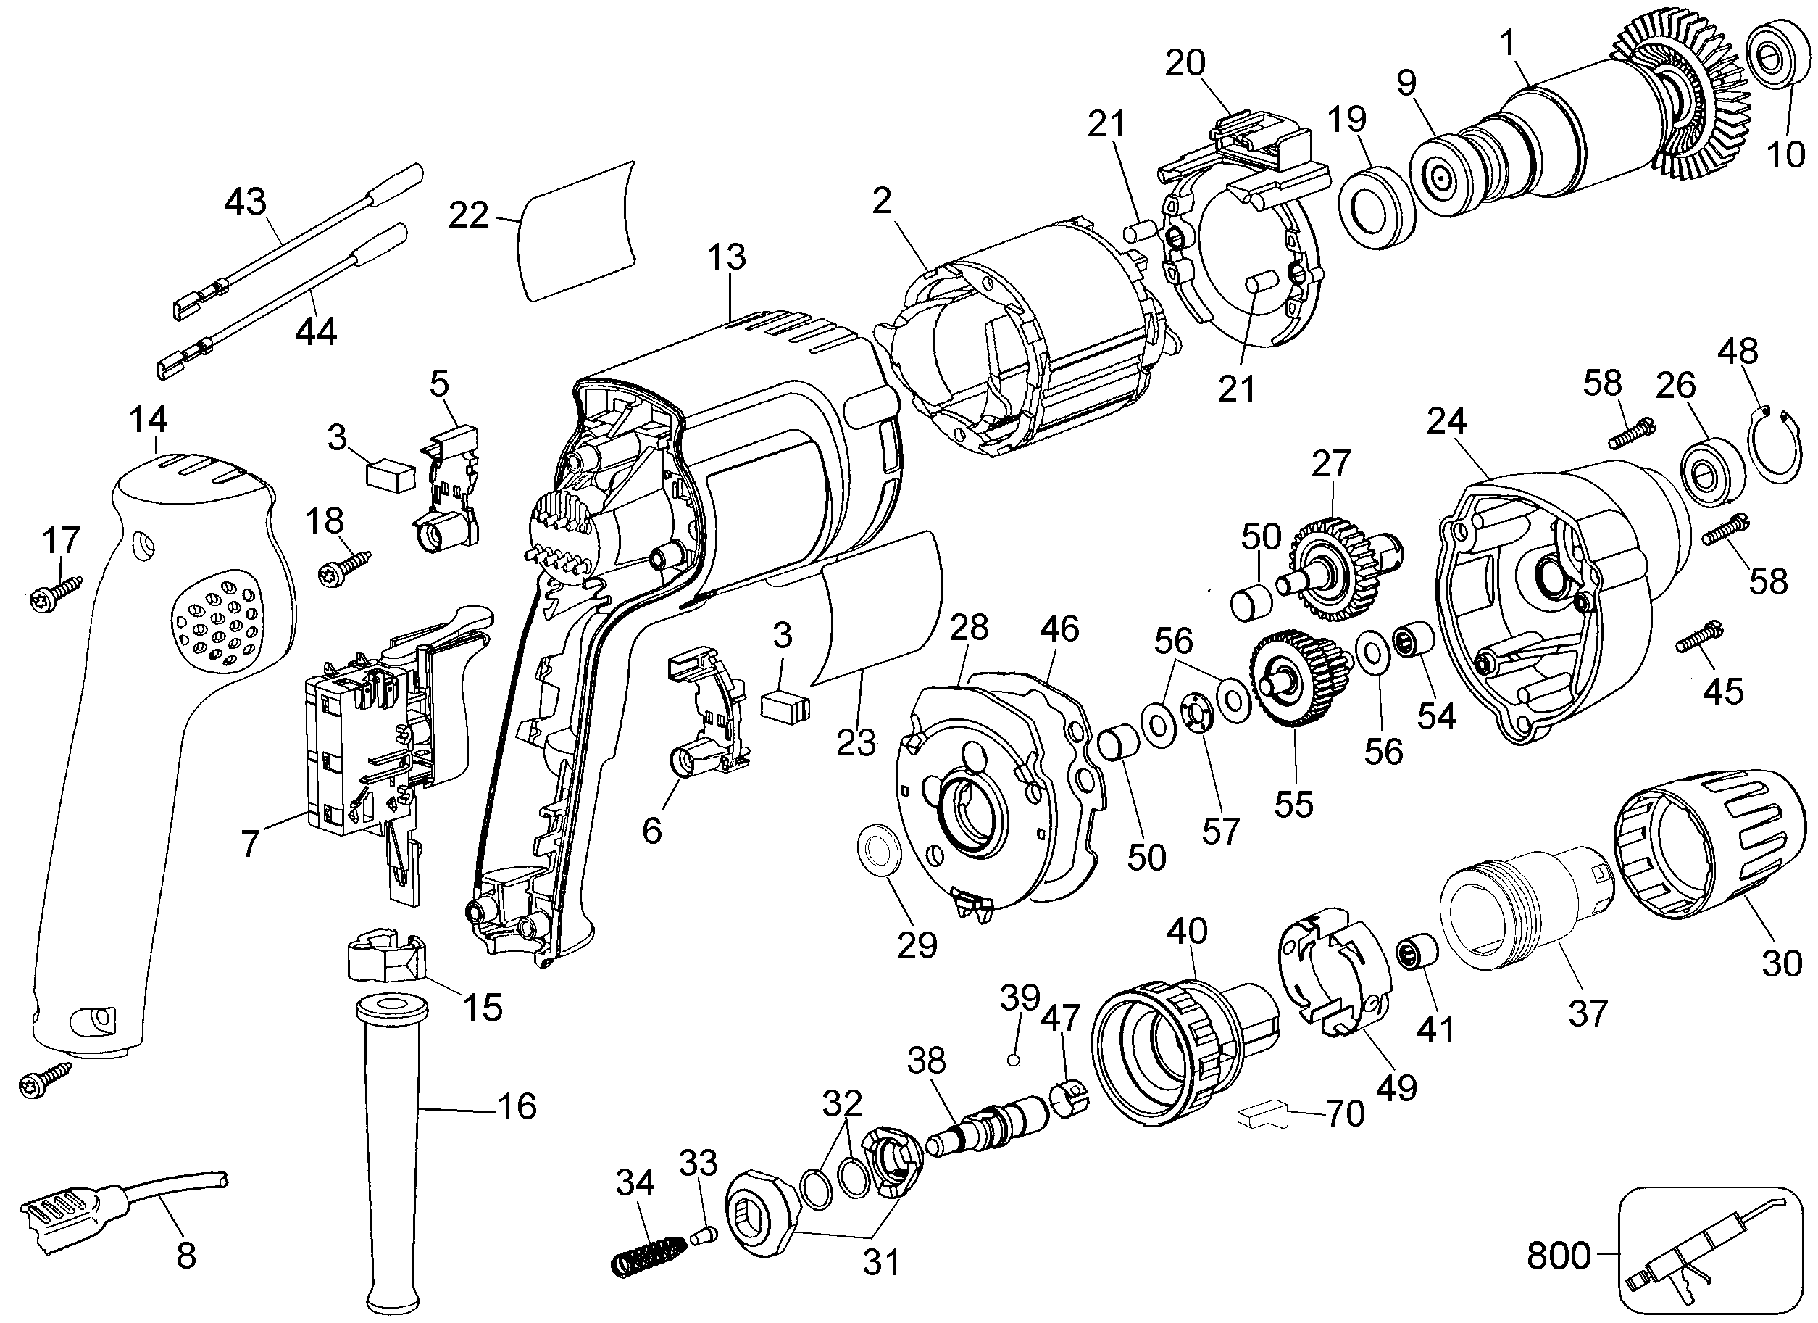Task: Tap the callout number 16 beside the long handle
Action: click(517, 1106)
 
